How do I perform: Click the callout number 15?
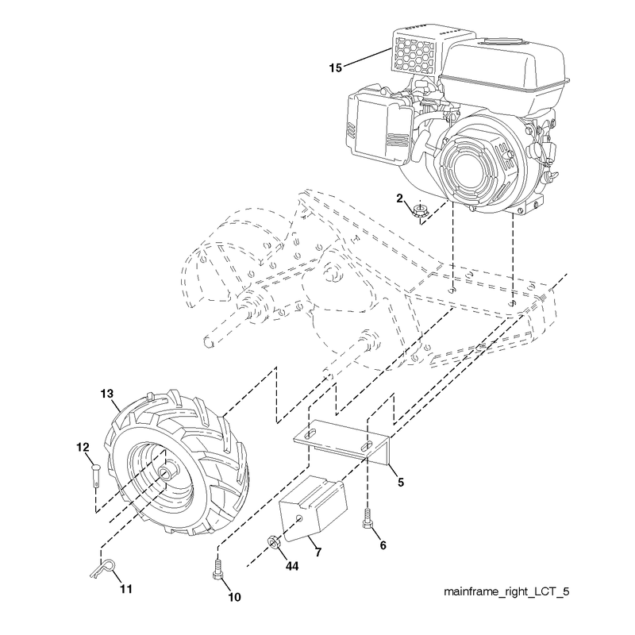(335, 67)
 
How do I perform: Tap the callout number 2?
(400, 198)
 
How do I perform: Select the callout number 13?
(107, 394)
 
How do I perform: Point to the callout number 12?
(83, 447)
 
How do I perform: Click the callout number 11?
(126, 589)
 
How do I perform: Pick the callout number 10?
(234, 597)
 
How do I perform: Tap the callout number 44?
(292, 566)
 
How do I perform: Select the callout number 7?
(318, 552)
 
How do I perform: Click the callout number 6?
(383, 545)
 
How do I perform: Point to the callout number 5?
(401, 483)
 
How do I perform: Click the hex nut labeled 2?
(421, 210)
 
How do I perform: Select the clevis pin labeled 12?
(95, 475)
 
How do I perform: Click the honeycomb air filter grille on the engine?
(414, 54)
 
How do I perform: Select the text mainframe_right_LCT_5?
(506, 591)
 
